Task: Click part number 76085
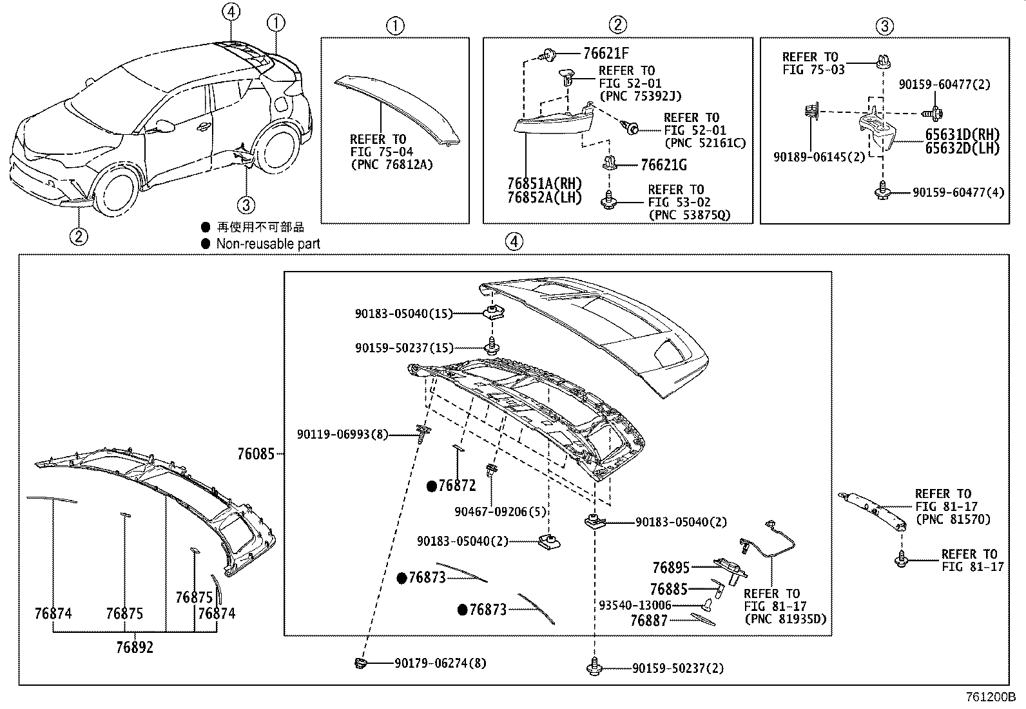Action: [255, 454]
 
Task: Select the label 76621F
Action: [606, 54]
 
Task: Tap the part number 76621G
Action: [663, 165]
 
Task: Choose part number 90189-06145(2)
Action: [819, 157]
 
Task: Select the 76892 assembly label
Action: [135, 647]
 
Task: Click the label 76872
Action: [456, 486]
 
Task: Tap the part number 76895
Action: [670, 568]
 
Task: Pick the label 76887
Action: [648, 620]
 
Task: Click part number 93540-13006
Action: [635, 605]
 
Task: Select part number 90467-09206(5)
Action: [500, 512]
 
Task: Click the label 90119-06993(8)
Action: [342, 435]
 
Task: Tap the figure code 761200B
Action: [990, 697]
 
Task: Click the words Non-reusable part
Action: [267, 244]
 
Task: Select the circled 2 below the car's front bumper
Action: [78, 236]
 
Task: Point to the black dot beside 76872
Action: [431, 486]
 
